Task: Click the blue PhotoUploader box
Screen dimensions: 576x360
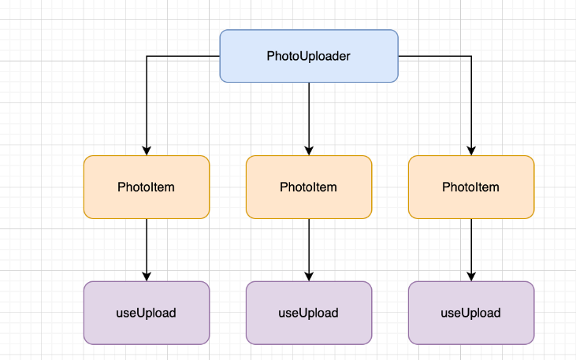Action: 309,56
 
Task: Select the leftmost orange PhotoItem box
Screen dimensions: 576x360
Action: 147,187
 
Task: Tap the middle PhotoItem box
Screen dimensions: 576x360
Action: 309,187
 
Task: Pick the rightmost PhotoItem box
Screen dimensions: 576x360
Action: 471,187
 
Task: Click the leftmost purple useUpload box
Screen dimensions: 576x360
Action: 147,313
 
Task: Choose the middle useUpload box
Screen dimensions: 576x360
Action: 309,313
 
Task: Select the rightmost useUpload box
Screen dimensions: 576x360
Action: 471,313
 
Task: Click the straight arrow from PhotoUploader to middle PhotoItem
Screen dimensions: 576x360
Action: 309,119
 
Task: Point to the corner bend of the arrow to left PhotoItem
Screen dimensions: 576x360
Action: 147,56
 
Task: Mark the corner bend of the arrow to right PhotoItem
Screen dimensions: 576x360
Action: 471,56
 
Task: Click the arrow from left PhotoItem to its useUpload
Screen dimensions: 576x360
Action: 147,251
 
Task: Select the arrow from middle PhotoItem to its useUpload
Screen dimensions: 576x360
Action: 309,251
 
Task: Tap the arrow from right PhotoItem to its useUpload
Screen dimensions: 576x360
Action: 471,251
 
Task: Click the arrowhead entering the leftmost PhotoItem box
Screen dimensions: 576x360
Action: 147,151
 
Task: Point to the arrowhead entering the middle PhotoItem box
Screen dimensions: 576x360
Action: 309,151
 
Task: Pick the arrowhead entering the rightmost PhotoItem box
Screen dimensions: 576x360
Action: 471,151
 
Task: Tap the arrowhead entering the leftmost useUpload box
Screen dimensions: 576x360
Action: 147,277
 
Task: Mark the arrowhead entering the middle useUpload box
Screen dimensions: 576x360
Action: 309,277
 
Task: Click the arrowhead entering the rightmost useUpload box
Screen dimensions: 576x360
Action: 471,277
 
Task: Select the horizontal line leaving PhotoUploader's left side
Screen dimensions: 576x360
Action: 184,56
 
